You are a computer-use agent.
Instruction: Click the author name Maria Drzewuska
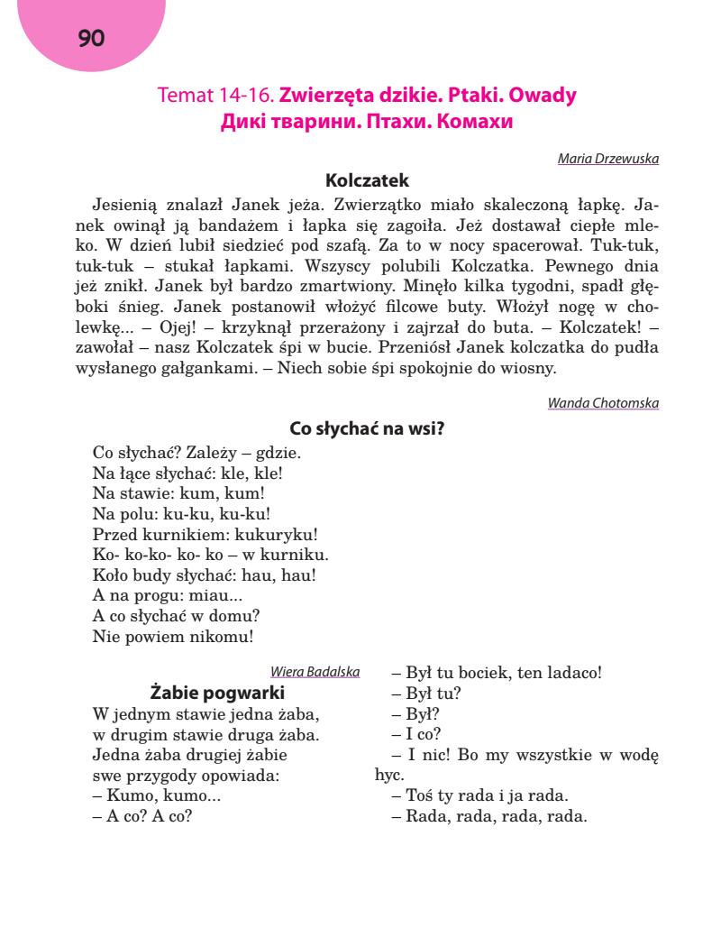point(608,159)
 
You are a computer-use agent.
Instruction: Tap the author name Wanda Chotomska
point(603,403)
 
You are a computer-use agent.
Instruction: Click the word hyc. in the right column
point(388,774)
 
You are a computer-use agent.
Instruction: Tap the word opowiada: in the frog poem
point(247,776)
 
